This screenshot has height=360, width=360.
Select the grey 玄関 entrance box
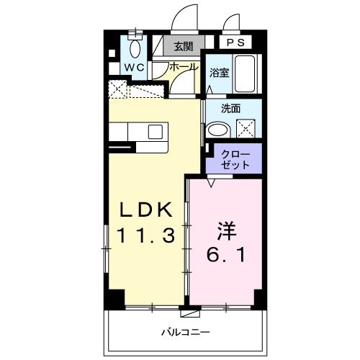[184, 46]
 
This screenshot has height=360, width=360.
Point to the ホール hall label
[184, 67]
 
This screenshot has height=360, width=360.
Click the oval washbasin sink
[217, 130]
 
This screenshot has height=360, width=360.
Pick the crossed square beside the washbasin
[248, 129]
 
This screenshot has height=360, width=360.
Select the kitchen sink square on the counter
[155, 131]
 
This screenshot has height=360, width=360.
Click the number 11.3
[146, 235]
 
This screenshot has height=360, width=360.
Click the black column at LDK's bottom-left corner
[114, 297]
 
